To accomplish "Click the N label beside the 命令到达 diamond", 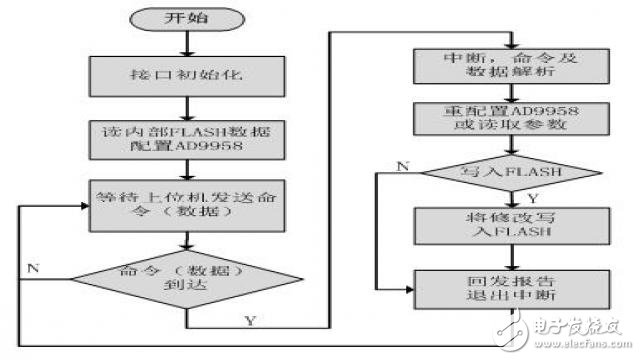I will click(33, 269).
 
